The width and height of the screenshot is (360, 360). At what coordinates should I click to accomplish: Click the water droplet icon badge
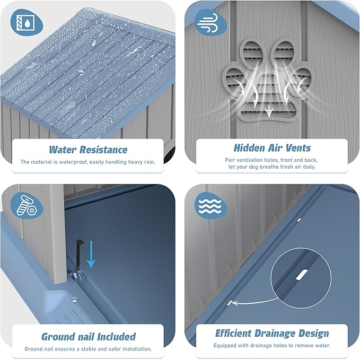pyautogui.click(x=27, y=22)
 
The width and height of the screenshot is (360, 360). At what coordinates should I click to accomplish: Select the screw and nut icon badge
pyautogui.click(x=27, y=206)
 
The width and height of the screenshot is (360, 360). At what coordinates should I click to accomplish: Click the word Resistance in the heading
pyautogui.click(x=103, y=150)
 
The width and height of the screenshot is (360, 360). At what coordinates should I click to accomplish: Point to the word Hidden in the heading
pyautogui.click(x=249, y=148)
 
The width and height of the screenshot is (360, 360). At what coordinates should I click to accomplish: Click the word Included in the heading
pyautogui.click(x=117, y=337)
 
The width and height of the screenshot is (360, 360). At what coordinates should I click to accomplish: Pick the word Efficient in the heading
pyautogui.click(x=233, y=333)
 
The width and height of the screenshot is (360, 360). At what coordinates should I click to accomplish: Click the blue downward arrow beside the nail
pyautogui.click(x=91, y=254)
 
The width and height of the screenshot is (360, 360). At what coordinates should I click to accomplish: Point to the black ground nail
pyautogui.click(x=80, y=255)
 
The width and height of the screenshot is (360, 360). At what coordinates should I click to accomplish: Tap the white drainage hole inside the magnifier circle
pyautogui.click(x=302, y=275)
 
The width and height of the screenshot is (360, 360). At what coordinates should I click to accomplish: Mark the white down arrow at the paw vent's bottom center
pyautogui.click(x=269, y=112)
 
